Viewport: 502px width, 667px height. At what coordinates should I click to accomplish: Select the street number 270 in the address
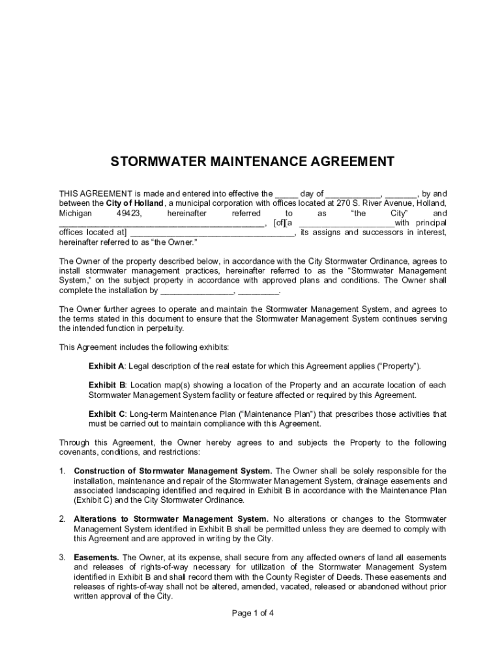pos(335,203)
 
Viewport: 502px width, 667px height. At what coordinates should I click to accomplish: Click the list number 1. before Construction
pos(63,471)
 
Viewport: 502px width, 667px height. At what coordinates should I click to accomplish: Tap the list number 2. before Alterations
pos(63,519)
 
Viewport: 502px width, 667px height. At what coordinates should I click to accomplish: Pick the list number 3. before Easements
pos(63,558)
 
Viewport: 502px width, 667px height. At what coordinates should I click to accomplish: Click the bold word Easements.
pos(96,558)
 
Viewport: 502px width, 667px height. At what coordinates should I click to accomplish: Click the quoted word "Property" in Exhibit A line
pos(400,366)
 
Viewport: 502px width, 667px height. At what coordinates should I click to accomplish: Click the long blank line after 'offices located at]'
pos(213,233)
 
